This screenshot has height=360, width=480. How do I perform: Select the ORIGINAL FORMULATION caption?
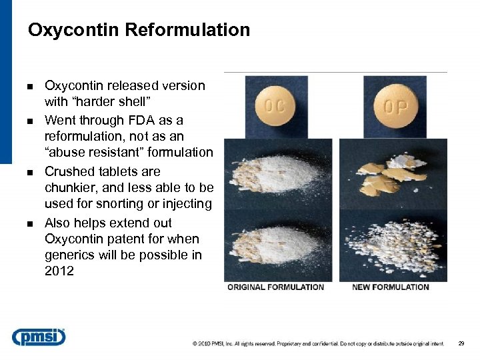pyautogui.click(x=275, y=287)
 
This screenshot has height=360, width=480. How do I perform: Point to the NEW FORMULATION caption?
pyautogui.click(x=390, y=287)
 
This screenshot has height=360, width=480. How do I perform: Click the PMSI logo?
pyautogui.click(x=39, y=337)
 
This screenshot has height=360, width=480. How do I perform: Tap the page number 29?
pyautogui.click(x=461, y=343)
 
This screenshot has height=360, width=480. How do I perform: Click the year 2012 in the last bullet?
pyautogui.click(x=59, y=271)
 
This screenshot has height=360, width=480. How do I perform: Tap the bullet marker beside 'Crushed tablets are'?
pyautogui.click(x=31, y=173)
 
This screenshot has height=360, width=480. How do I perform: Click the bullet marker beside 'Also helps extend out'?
pyautogui.click(x=31, y=224)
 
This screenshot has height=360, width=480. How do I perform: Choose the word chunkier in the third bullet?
pyautogui.click(x=71, y=188)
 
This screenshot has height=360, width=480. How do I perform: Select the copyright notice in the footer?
pyautogui.click(x=318, y=343)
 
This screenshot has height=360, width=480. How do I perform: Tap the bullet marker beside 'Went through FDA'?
pyautogui.click(x=31, y=121)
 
